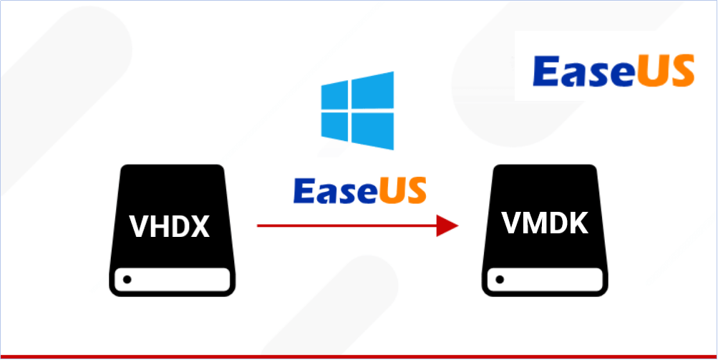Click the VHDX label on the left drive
pyautogui.click(x=169, y=227)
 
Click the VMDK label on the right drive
pyautogui.click(x=545, y=223)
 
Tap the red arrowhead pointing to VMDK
pyautogui.click(x=447, y=226)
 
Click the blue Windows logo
pyautogui.click(x=358, y=110)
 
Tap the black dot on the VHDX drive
pyautogui.click(x=127, y=278)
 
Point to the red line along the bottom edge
pyautogui.click(x=358, y=356)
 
